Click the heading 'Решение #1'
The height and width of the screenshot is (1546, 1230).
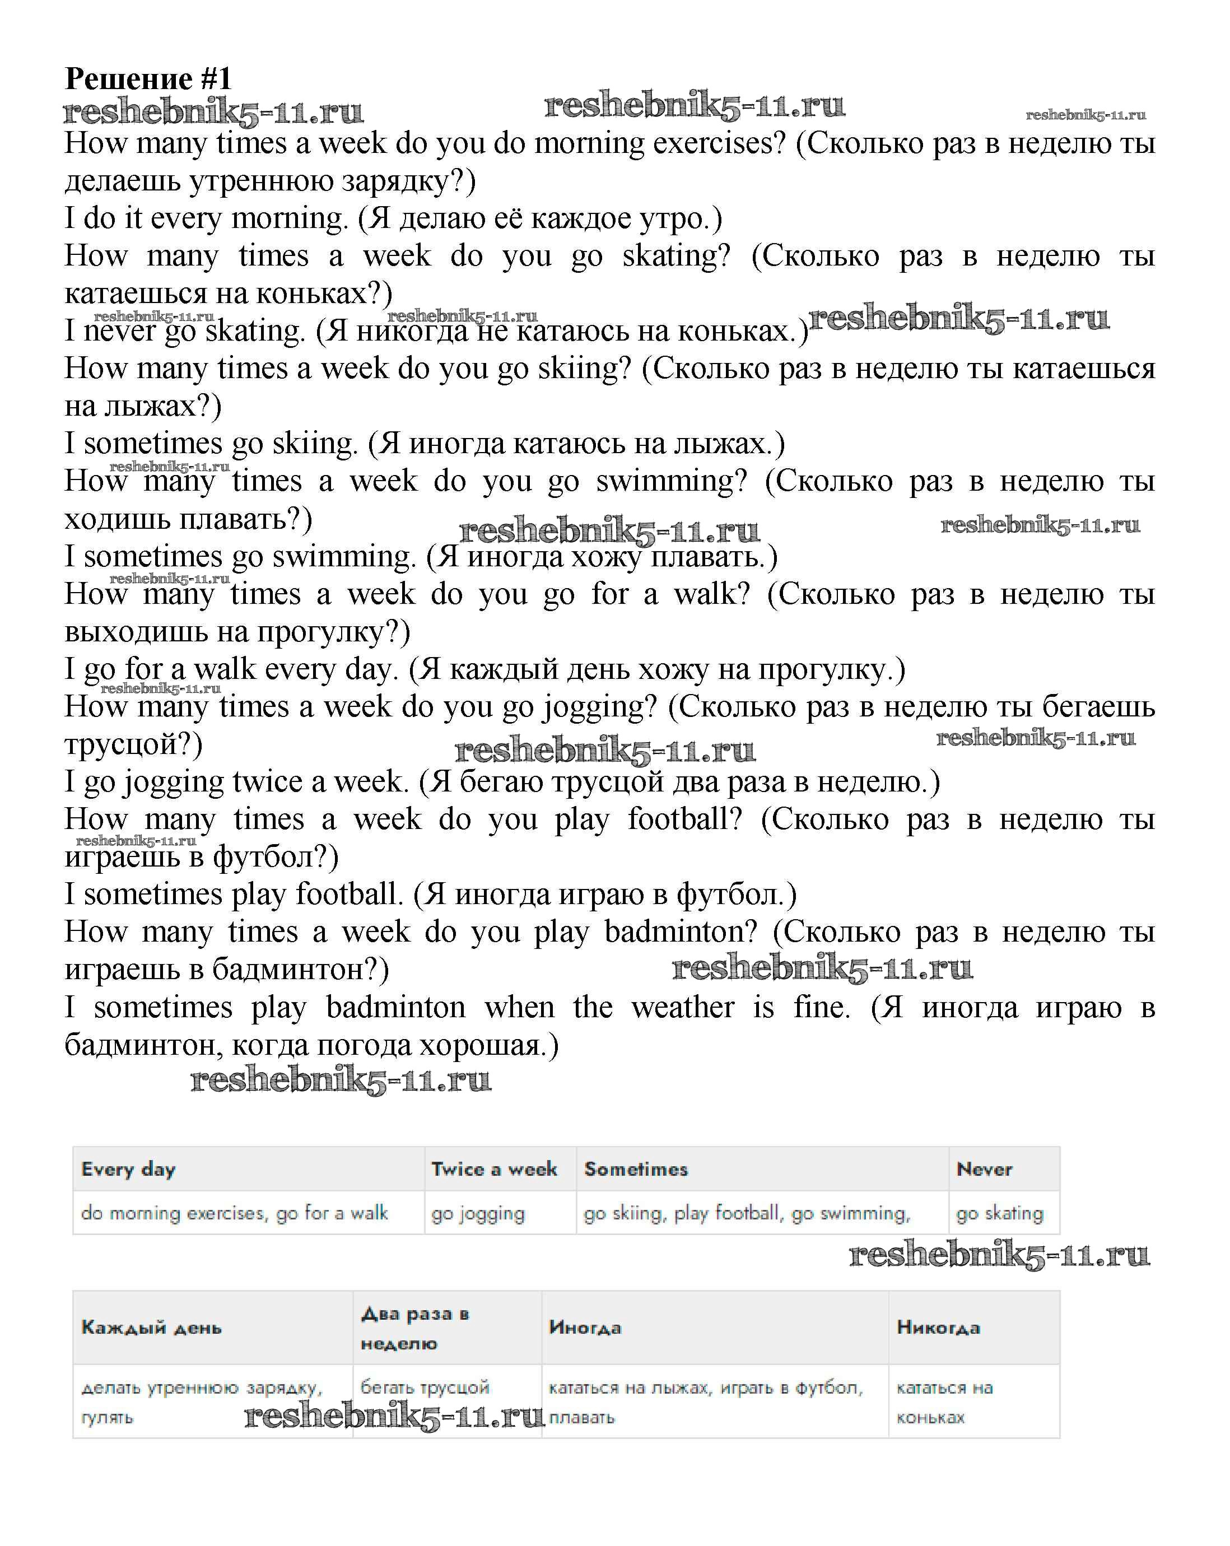point(148,79)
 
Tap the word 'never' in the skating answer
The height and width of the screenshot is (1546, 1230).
point(119,330)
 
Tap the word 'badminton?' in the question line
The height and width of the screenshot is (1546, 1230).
point(681,932)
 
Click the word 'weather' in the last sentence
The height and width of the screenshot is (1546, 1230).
point(683,1008)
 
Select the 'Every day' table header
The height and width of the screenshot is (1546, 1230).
point(128,1170)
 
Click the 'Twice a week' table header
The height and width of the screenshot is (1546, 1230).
point(494,1170)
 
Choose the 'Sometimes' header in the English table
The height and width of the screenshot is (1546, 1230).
point(636,1170)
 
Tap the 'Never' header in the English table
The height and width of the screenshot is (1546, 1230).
point(984,1170)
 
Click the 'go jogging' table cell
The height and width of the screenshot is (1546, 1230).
point(478,1213)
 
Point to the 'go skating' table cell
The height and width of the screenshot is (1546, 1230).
point(1000,1213)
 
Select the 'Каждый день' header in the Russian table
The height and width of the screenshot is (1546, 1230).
point(151,1328)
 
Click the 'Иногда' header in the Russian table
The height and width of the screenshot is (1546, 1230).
point(585,1328)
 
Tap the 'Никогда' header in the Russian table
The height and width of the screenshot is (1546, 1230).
point(938,1328)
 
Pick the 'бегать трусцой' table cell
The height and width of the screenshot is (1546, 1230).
point(425,1387)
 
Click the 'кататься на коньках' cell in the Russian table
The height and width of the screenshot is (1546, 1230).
point(944,1403)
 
